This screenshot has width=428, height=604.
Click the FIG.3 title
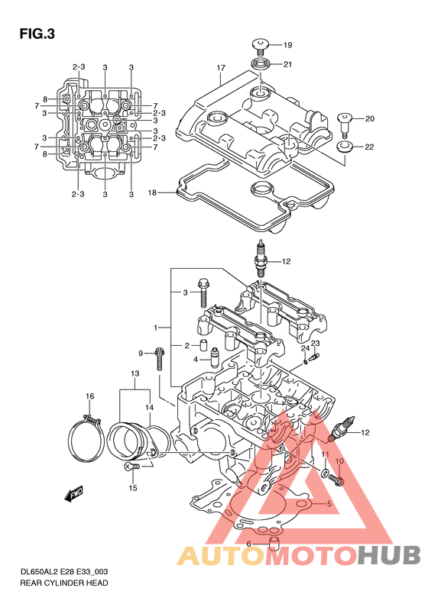click(x=37, y=34)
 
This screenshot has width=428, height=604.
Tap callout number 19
click(x=287, y=46)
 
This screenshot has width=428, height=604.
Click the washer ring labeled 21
click(x=261, y=63)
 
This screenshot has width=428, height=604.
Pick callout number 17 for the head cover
click(x=221, y=68)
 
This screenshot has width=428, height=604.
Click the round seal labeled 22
click(x=345, y=147)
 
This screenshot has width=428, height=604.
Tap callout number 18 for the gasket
click(x=153, y=192)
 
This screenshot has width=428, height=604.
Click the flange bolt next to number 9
click(x=159, y=358)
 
